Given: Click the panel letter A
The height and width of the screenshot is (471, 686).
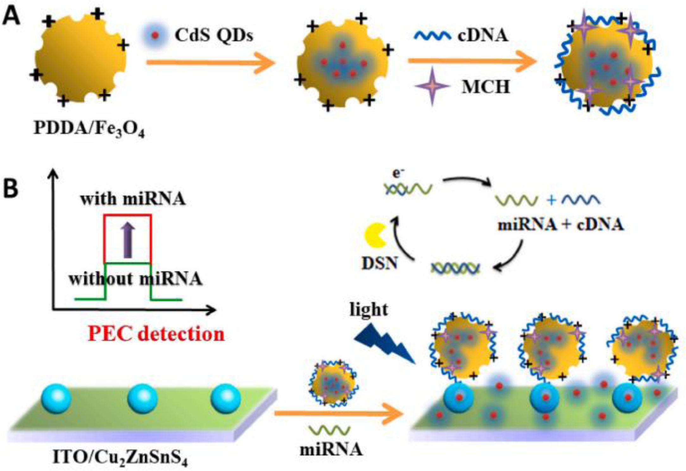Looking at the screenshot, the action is [x=11, y=16].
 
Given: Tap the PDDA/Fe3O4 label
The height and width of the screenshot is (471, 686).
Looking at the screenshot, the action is [x=89, y=129].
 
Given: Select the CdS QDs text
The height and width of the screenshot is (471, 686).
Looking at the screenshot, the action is [x=214, y=35].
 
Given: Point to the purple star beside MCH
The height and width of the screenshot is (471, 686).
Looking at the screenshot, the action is [x=432, y=86].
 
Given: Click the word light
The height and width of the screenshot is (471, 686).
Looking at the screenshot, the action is [x=368, y=309].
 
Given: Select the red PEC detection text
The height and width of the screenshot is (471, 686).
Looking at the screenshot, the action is [x=156, y=334].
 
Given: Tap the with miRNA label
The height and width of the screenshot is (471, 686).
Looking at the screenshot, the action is [x=133, y=199].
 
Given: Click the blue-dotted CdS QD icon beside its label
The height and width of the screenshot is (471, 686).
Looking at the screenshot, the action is [x=154, y=36].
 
